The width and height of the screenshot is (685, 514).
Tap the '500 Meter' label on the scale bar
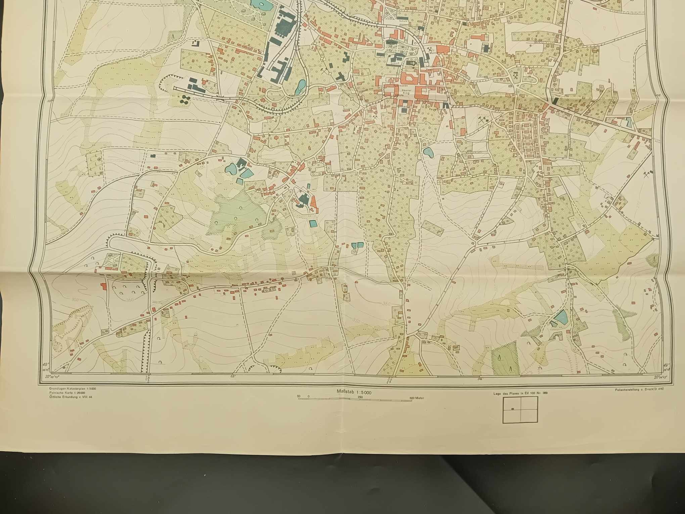point(417,398)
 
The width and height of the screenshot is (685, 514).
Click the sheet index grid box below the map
point(520,410)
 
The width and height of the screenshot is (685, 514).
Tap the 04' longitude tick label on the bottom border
point(479,379)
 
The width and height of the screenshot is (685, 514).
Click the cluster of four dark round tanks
point(185,98)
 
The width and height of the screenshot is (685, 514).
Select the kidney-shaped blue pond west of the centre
point(231,168)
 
